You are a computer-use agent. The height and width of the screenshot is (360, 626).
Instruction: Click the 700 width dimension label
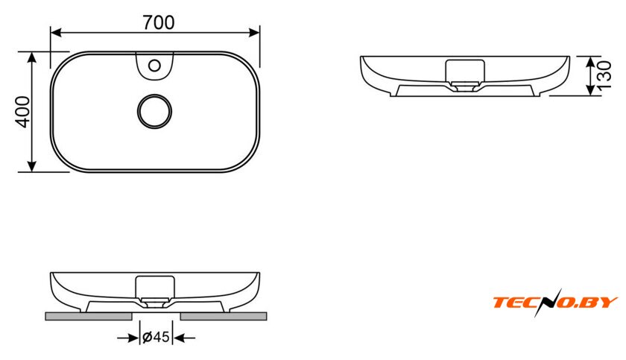click(x=159, y=23)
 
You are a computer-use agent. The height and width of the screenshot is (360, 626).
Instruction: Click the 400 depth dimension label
click(x=23, y=112)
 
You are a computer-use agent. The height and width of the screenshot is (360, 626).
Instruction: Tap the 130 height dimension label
click(x=605, y=75)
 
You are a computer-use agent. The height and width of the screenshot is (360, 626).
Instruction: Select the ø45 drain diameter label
click(x=156, y=337)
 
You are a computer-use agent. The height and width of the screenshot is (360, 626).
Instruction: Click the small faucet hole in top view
click(x=154, y=65)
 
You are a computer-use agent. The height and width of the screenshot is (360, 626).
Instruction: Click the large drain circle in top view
click(x=154, y=111)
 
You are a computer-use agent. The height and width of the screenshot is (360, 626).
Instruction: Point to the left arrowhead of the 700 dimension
click(x=56, y=33)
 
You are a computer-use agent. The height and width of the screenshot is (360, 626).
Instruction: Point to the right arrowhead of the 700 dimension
click(x=254, y=33)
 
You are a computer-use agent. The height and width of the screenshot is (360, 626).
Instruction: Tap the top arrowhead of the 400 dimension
click(x=32, y=57)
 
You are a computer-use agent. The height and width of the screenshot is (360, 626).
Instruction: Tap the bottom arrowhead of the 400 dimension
click(x=32, y=166)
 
